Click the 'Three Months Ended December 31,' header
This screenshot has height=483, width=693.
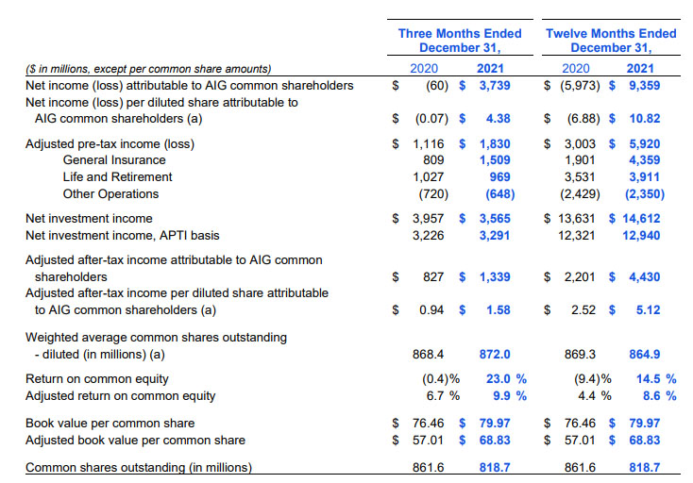(x=459, y=41)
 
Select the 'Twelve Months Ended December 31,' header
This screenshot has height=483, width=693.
(x=611, y=41)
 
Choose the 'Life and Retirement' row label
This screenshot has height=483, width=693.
(x=118, y=177)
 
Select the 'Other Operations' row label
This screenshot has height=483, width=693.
(x=110, y=194)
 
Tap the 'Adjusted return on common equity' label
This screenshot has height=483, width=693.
(x=120, y=395)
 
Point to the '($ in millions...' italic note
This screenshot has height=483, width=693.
(x=147, y=68)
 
